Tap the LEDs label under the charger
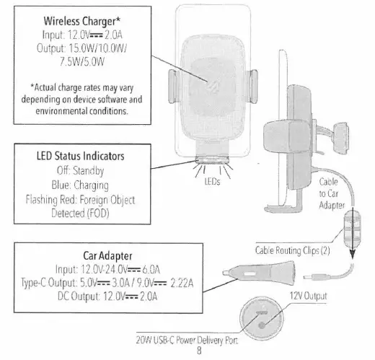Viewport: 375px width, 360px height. coord(211,181)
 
